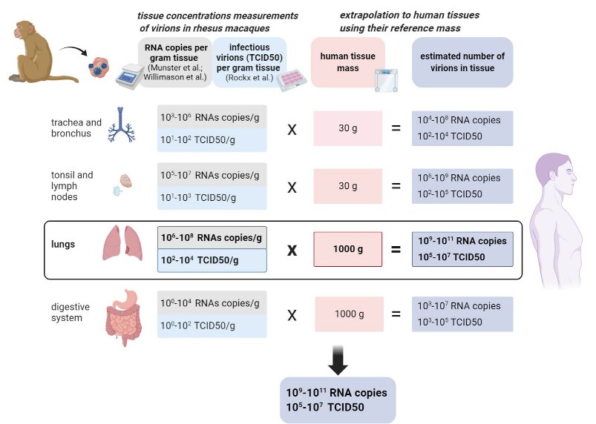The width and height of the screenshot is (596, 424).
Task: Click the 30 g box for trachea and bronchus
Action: pos(343,127)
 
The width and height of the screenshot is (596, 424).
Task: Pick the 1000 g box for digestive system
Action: pos(349,314)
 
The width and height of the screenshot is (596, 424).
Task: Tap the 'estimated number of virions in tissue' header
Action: pos(462,62)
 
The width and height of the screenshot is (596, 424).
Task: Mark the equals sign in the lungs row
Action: pos(396,250)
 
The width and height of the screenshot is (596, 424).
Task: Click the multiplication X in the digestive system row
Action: pos(292,314)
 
